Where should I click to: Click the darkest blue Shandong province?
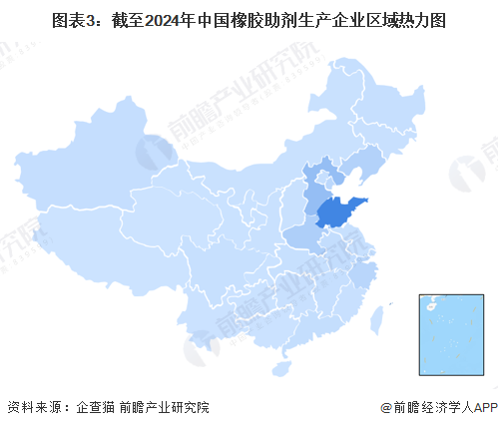coord(337,213)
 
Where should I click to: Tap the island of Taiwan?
coord(377,317)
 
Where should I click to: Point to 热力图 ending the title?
coord(423,17)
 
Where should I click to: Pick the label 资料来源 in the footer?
coord(30,408)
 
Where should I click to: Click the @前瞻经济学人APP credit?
coord(437,408)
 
